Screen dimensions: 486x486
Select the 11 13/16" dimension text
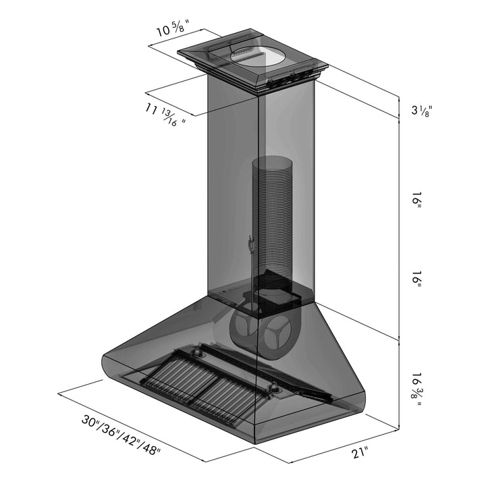coord(163,115)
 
